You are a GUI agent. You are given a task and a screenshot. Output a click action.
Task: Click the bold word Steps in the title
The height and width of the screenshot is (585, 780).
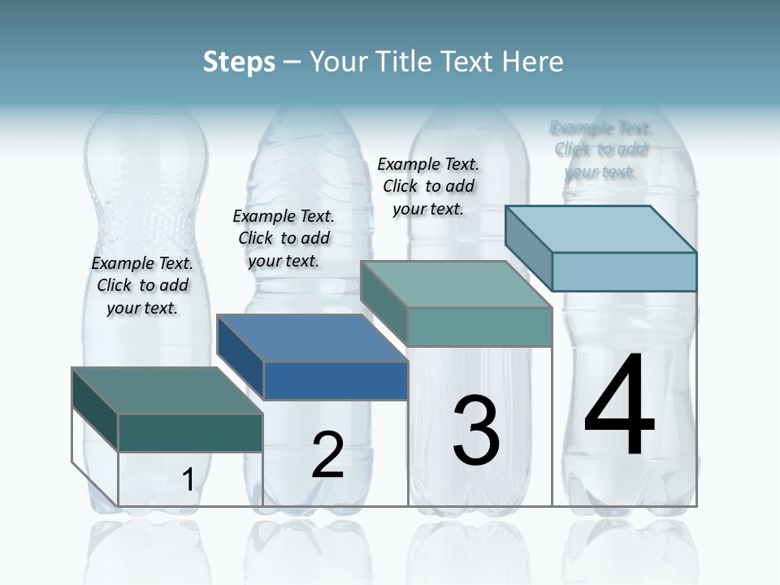[x=239, y=62]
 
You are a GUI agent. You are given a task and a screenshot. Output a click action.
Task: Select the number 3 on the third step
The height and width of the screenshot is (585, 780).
[x=476, y=431]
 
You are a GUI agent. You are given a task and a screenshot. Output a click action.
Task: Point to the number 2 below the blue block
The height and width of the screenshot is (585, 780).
[x=327, y=455]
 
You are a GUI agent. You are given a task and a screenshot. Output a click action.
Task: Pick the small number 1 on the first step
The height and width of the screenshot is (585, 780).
[x=188, y=479]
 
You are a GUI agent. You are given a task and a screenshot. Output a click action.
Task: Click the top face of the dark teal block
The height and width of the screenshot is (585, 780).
[x=167, y=391]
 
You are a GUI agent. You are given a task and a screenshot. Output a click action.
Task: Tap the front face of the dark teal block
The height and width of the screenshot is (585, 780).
[x=190, y=432]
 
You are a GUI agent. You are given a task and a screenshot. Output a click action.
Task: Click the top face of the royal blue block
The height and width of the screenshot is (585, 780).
[x=312, y=338]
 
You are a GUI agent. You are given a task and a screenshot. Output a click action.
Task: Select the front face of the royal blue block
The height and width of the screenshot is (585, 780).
[x=336, y=380]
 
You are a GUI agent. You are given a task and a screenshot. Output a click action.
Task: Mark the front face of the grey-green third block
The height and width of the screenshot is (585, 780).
[x=479, y=327]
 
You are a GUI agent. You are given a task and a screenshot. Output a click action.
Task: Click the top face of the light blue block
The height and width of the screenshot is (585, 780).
[x=601, y=229]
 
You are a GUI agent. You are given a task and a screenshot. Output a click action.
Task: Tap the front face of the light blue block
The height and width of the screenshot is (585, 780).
[x=624, y=271]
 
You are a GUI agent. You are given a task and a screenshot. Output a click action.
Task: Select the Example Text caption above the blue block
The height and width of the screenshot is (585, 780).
[x=284, y=238]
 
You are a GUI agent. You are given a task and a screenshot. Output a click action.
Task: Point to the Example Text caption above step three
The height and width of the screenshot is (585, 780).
[x=428, y=186]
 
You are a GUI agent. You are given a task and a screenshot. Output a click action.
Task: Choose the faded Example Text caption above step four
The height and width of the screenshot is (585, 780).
[x=600, y=149]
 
